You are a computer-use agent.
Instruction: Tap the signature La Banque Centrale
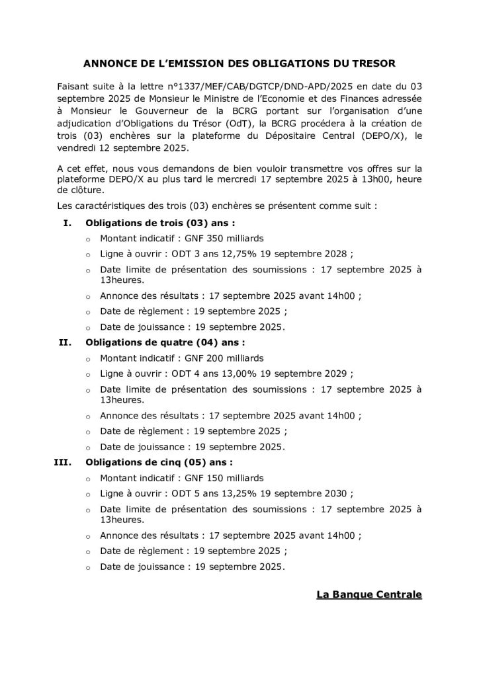[369, 595]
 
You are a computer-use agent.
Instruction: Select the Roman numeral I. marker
[67, 223]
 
